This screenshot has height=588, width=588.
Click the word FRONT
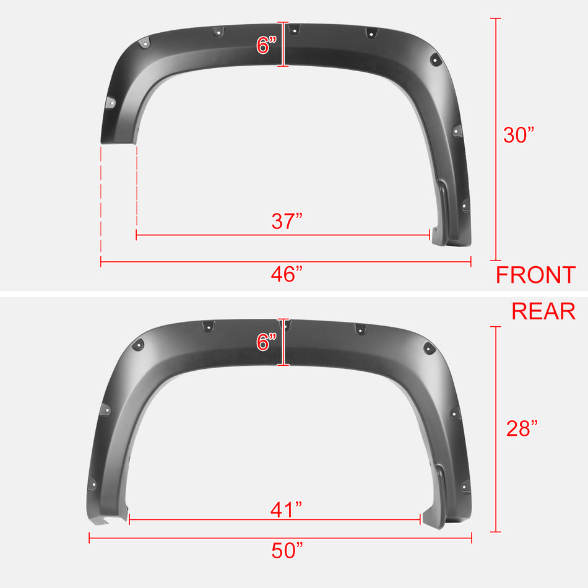pyautogui.click(x=535, y=274)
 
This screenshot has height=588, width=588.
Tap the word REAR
pyautogui.click(x=543, y=311)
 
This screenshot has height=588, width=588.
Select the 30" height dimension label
pyautogui.click(x=518, y=134)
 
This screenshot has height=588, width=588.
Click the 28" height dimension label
pyautogui.click(x=522, y=428)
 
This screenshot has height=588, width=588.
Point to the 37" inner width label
pyautogui.click(x=287, y=221)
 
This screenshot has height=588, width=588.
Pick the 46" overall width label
pyautogui.click(x=287, y=274)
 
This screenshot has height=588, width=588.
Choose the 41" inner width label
pyautogui.click(x=287, y=509)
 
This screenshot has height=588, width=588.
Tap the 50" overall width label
pyautogui.click(x=287, y=550)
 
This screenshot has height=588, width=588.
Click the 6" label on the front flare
pyautogui.click(x=267, y=45)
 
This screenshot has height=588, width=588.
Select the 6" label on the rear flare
pyautogui.click(x=267, y=342)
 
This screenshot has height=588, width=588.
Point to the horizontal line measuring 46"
pyautogui.click(x=186, y=262)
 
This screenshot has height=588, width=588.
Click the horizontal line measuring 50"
pyautogui.click(x=186, y=538)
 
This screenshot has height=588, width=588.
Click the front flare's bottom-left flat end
pyautogui.click(x=118, y=142)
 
